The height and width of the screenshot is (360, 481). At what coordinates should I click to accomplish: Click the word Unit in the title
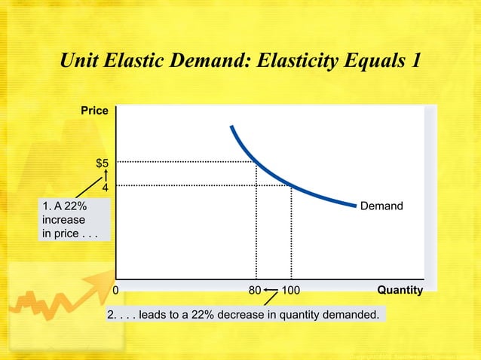pyautogui.click(x=82, y=59)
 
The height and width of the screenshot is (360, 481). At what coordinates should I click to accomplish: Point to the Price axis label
pyautogui.click(x=95, y=111)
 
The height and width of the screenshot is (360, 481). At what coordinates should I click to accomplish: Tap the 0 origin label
pyautogui.click(x=116, y=289)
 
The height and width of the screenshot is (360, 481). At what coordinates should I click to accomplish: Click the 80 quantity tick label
pyautogui.click(x=254, y=289)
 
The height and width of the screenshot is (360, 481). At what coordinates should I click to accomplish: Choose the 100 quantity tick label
pyautogui.click(x=291, y=289)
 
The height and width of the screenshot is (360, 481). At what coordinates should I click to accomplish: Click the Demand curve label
pyautogui.click(x=381, y=206)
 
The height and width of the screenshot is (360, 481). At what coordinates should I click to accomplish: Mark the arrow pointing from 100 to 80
pyautogui.click(x=271, y=289)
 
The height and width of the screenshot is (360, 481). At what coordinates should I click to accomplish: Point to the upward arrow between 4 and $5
pyautogui.click(x=106, y=175)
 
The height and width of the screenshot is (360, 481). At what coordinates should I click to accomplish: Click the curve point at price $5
pyautogui.click(x=256, y=162)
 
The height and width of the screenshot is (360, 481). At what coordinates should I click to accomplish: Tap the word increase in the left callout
pyautogui.click(x=64, y=220)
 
